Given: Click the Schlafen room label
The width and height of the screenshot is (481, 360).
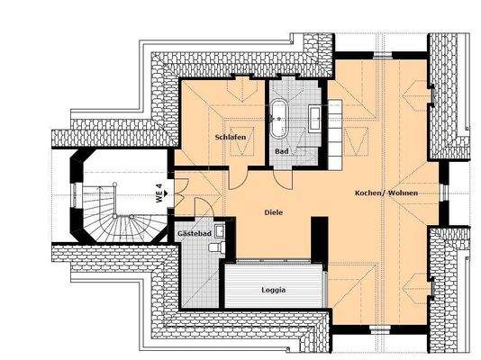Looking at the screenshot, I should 231,137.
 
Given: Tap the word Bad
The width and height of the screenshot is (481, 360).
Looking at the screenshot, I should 282,151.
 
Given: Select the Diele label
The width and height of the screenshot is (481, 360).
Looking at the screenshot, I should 273,213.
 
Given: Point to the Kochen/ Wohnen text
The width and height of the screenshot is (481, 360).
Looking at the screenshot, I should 386,193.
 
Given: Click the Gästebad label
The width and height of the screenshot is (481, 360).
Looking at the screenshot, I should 194,233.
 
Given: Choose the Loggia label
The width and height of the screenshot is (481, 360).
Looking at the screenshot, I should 274,290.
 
